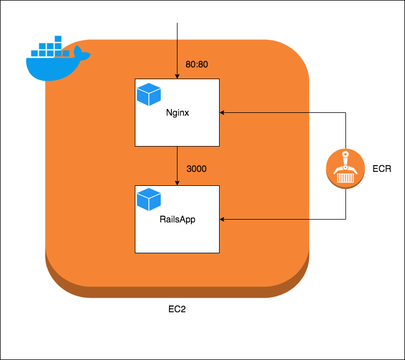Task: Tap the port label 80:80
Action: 197,65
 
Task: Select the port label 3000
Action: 196,169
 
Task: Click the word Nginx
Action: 177,112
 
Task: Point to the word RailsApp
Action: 177,218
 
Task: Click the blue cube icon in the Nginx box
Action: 149,94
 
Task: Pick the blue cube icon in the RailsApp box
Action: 149,200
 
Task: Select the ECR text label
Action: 381,169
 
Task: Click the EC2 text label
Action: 177,309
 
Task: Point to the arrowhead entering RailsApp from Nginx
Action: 177,183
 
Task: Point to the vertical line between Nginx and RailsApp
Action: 177,163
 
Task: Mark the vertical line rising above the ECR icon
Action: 345,132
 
